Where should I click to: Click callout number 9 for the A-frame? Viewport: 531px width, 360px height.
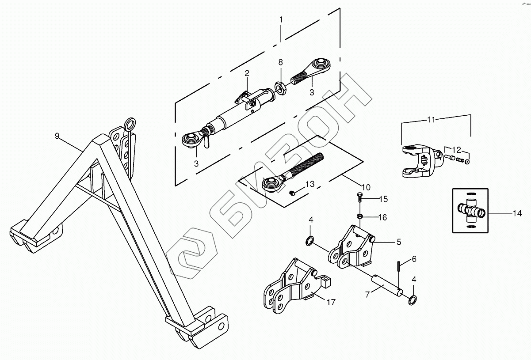57,136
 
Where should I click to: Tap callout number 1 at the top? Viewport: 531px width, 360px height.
281,19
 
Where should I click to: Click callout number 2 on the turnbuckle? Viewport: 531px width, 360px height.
247,73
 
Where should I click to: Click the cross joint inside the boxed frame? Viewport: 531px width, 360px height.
470,210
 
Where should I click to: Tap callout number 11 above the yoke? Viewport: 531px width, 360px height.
432,119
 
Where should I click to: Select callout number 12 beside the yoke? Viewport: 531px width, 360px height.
457,149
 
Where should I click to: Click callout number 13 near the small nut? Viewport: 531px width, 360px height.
310,184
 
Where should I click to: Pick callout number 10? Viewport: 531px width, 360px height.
366,186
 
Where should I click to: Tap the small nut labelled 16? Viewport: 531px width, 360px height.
359,216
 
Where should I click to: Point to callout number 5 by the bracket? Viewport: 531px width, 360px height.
398,242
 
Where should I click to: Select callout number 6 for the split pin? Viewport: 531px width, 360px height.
414,259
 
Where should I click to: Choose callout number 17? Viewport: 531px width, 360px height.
331,303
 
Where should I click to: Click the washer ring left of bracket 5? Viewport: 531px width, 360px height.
310,241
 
